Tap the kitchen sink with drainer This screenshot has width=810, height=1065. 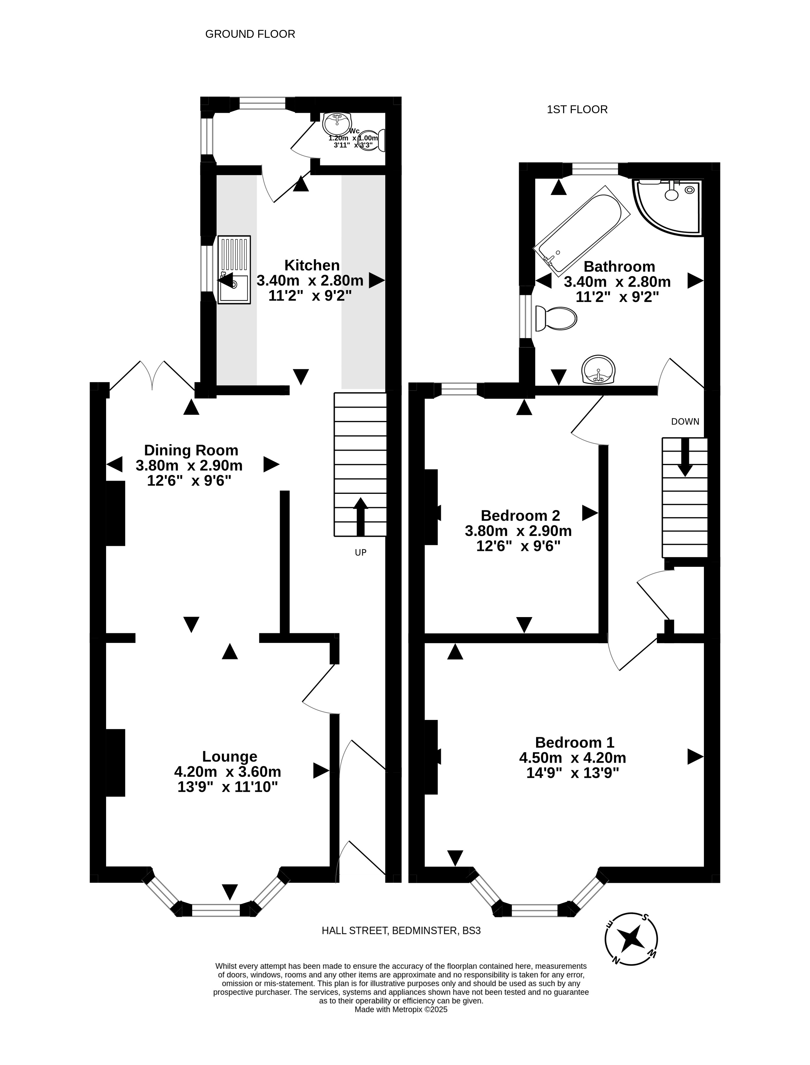(234, 269)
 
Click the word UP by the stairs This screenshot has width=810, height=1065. (361, 553)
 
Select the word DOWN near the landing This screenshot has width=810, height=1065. (685, 422)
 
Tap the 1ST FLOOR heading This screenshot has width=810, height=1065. (577, 109)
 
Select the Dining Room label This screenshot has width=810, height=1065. (191, 450)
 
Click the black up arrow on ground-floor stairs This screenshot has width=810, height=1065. (361, 517)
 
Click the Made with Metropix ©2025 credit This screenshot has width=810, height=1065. (401, 1009)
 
